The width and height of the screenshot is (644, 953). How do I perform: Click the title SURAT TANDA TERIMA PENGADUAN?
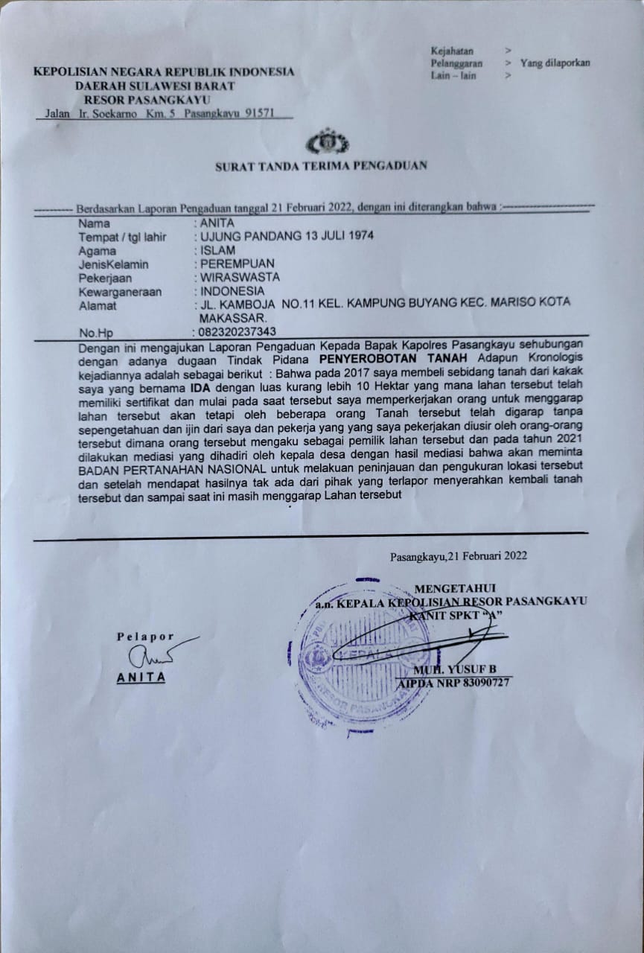point(321,166)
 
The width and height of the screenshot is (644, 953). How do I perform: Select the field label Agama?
point(98,251)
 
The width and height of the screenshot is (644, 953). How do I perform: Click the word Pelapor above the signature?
point(144,637)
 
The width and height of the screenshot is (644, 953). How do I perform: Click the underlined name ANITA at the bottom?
point(141,678)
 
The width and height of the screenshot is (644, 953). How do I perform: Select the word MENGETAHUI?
point(455,589)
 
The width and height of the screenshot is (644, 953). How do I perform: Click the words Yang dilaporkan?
point(555,63)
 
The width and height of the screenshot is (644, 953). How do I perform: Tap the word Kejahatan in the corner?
point(452,51)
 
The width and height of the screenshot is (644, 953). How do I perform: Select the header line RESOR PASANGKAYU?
point(147,99)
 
